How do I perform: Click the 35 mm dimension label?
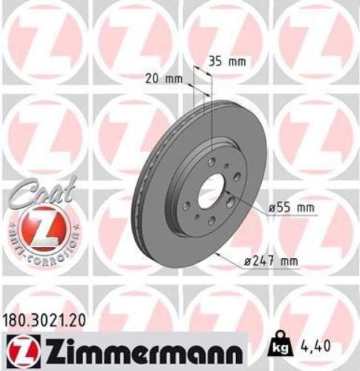point(226,62)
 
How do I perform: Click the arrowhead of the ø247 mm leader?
point(216,253)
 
